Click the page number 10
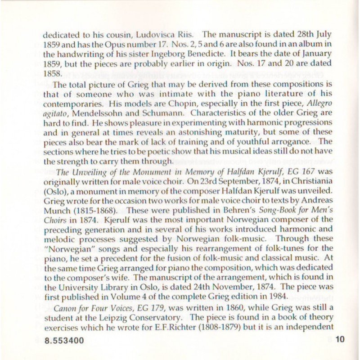coord(340,340)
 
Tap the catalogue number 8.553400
coord(64,341)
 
